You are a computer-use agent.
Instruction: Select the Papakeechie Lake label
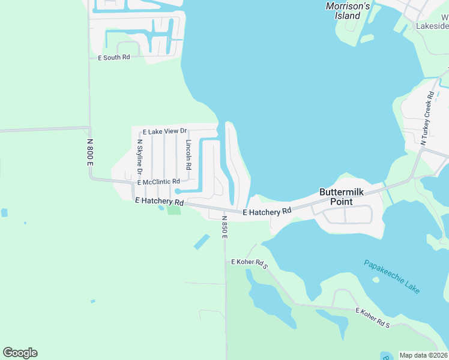tap(392, 276)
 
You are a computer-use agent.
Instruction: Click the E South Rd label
tap(114, 58)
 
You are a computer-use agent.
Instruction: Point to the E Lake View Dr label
tap(165, 131)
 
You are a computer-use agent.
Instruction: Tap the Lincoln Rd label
tap(188, 155)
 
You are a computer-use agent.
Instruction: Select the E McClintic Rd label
tap(158, 182)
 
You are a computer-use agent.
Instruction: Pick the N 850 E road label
tap(224, 227)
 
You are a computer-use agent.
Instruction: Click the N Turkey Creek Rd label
tap(427, 119)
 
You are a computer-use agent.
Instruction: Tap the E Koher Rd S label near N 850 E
tap(249, 262)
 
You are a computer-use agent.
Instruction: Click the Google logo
tap(20, 353)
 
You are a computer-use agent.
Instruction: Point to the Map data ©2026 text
tap(423, 355)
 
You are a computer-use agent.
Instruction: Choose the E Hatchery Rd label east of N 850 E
tap(267, 211)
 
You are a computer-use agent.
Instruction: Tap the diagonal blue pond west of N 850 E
tap(202, 242)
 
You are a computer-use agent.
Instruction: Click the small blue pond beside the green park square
tap(160, 209)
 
